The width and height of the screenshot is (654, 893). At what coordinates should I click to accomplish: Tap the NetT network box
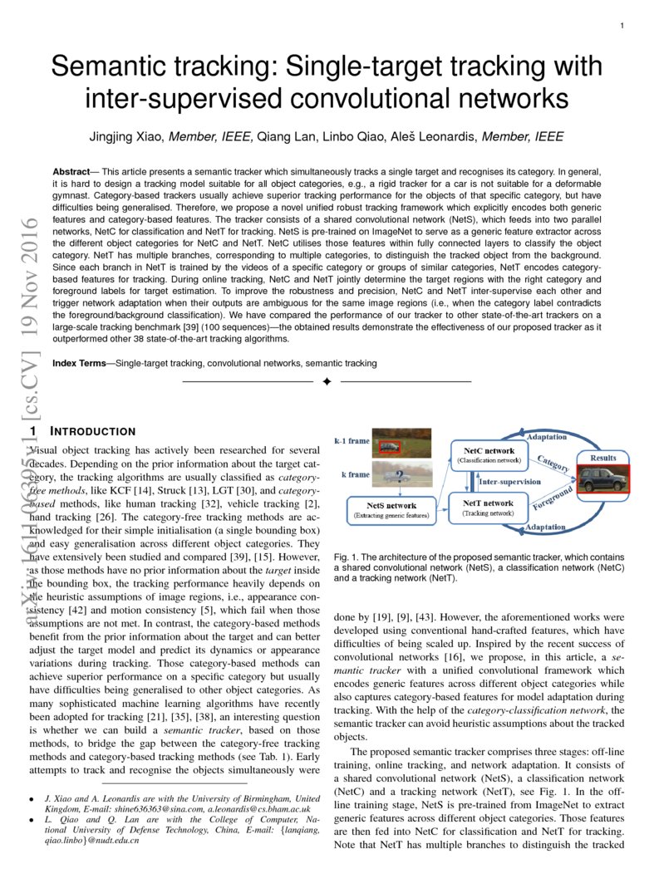[x=488, y=508]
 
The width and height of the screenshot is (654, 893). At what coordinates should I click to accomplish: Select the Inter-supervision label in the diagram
[x=509, y=481]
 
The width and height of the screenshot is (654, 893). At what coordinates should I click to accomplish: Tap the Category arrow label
[x=553, y=463]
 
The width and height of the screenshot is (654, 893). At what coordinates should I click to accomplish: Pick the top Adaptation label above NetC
[x=545, y=436]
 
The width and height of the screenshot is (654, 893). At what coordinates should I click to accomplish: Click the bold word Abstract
[x=71, y=170]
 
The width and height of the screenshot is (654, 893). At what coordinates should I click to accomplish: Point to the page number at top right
[x=622, y=26]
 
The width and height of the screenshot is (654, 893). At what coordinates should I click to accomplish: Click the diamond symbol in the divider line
[x=327, y=381]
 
